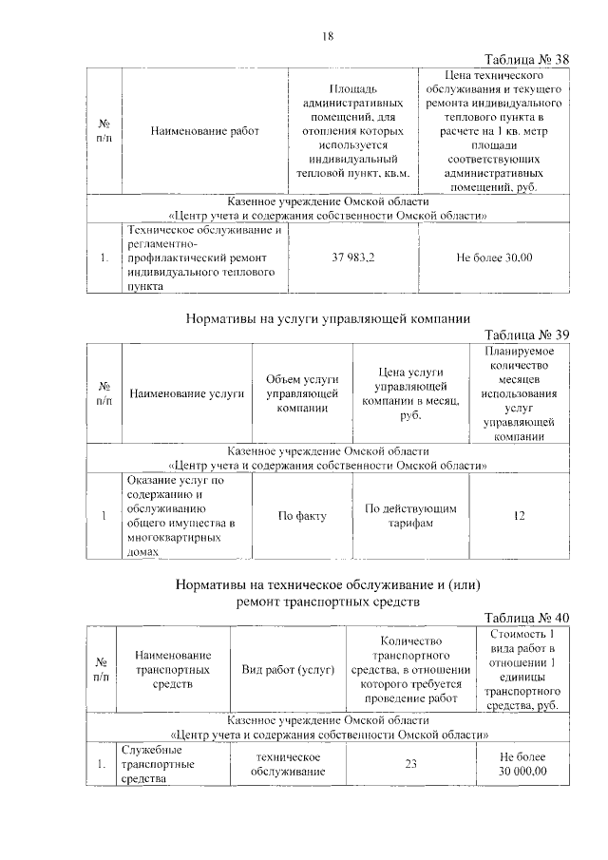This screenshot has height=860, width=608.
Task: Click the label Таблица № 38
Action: click(525, 60)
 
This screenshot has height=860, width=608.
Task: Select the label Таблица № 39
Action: click(525, 334)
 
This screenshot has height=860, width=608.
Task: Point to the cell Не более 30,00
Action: click(494, 258)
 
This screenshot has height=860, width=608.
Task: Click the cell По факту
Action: click(302, 516)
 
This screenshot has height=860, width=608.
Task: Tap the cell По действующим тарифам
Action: click(410, 516)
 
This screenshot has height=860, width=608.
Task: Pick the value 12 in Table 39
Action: click(519, 516)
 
